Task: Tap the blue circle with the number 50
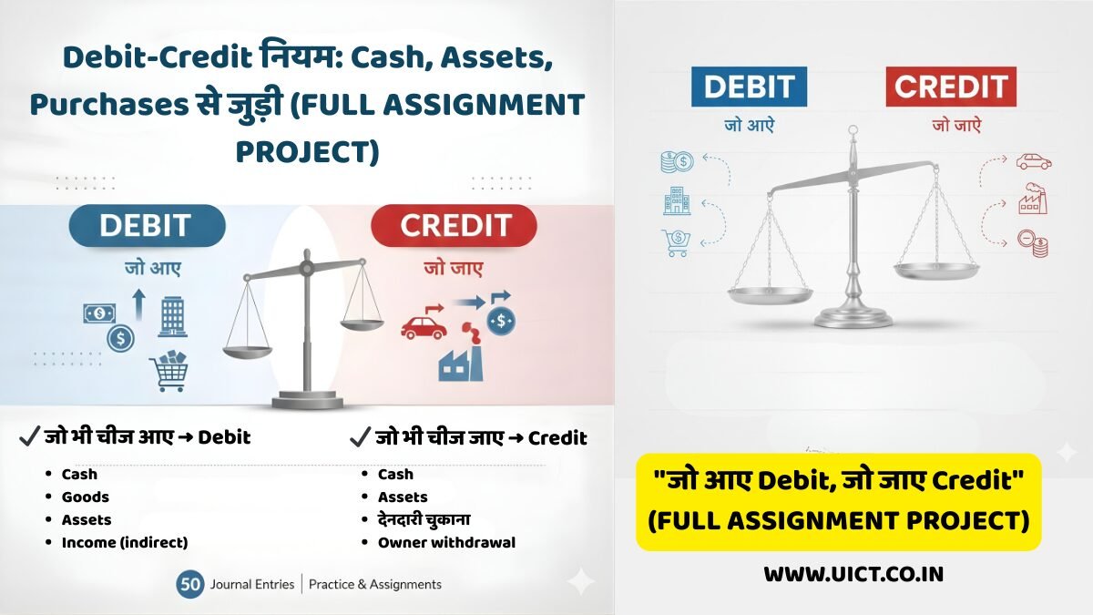click(x=190, y=584)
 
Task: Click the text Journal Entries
click(x=252, y=584)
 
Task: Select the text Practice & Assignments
click(x=375, y=584)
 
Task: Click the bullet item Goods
click(x=85, y=497)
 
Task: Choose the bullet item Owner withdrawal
click(x=446, y=543)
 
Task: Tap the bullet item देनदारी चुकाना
click(x=424, y=520)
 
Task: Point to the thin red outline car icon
click(x=1034, y=162)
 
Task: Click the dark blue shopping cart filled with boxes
click(x=169, y=370)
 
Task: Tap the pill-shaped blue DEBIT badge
click(x=145, y=226)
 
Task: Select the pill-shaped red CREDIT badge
click(x=454, y=226)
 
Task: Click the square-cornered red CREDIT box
click(x=951, y=87)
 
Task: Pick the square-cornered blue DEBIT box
click(x=751, y=87)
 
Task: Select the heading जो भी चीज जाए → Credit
click(x=469, y=438)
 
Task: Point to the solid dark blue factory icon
click(x=461, y=362)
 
